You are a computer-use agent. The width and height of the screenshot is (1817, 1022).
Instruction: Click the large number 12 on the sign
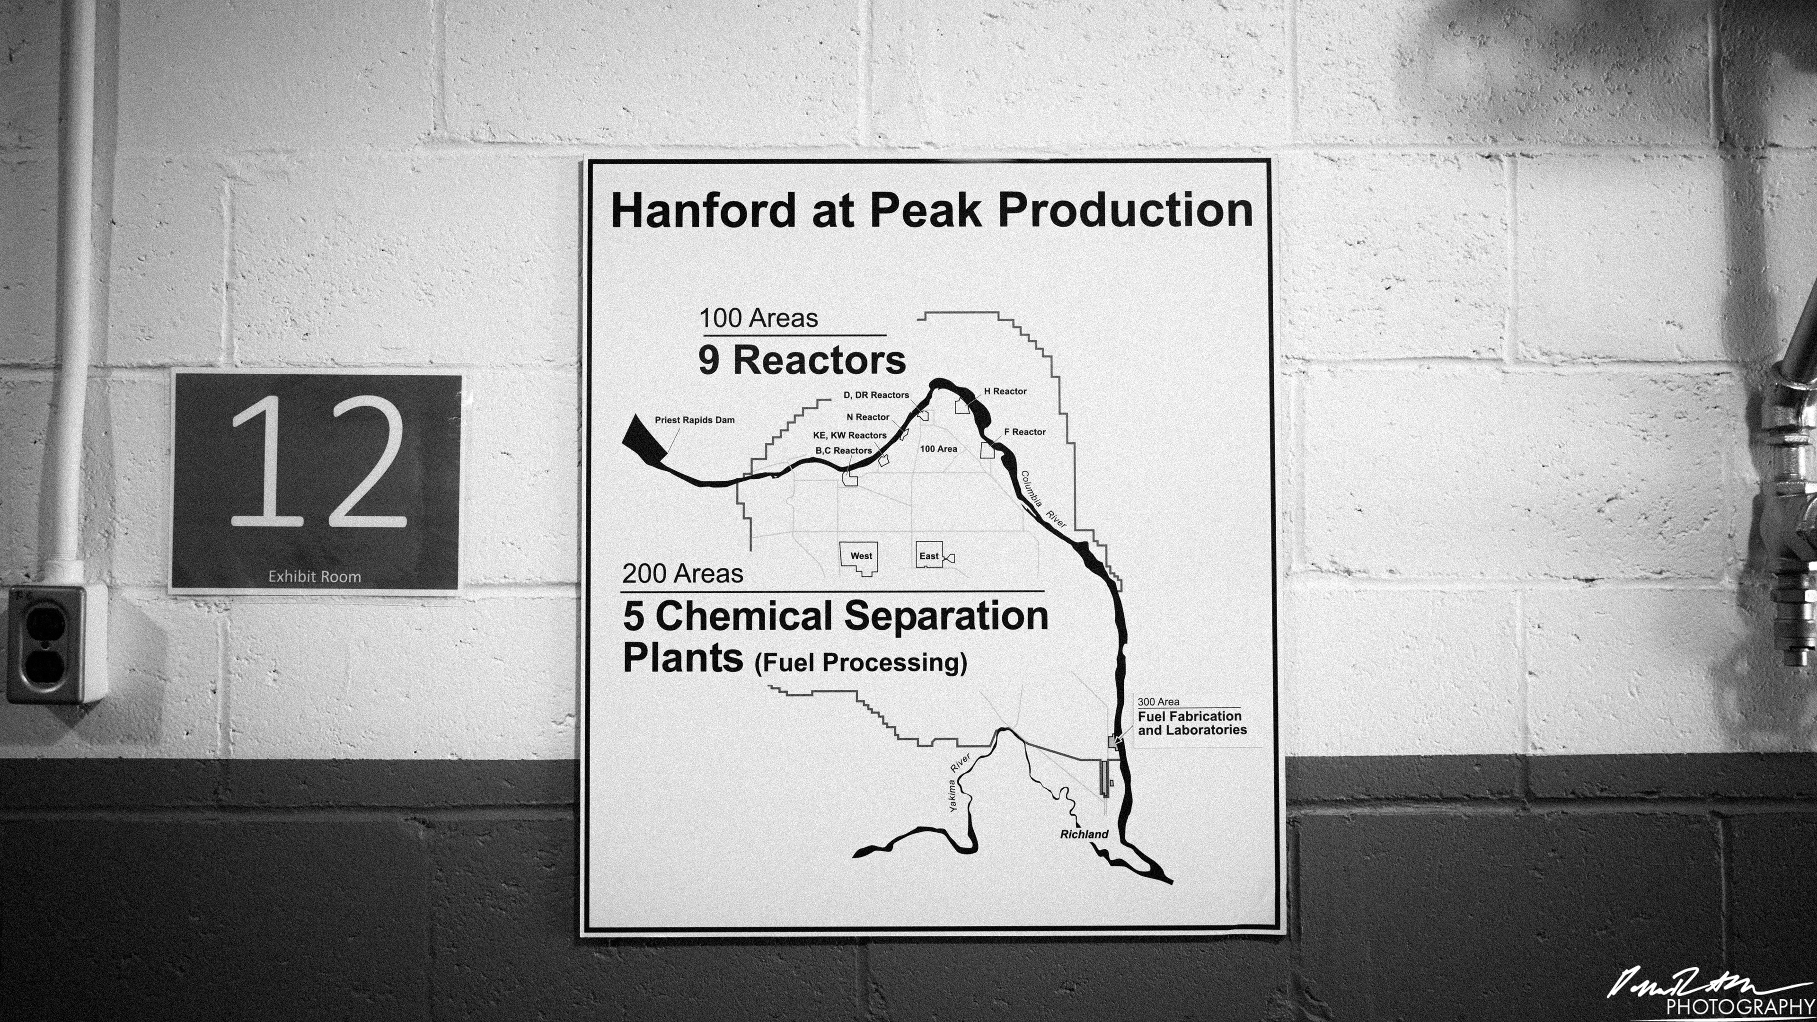click(x=319, y=462)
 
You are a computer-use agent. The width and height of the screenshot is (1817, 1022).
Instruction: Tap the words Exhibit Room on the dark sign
click(x=315, y=576)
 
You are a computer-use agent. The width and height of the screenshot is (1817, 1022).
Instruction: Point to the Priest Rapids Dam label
click(x=694, y=420)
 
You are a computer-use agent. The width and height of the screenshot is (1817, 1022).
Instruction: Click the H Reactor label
click(x=1005, y=391)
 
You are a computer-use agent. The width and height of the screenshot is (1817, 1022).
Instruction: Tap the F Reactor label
click(x=1025, y=432)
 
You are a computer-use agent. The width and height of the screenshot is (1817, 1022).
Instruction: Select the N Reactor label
click(x=868, y=417)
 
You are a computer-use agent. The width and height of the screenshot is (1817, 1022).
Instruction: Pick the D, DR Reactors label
click(x=876, y=395)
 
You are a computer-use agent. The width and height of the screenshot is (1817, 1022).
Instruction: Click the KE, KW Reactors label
click(x=849, y=435)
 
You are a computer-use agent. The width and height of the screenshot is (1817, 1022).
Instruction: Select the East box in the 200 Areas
click(x=929, y=556)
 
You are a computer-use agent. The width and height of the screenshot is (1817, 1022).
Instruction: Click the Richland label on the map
click(x=1084, y=834)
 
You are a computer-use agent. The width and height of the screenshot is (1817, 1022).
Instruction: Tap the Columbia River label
click(x=1042, y=499)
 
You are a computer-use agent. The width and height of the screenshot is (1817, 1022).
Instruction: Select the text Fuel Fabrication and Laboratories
click(x=1191, y=723)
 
